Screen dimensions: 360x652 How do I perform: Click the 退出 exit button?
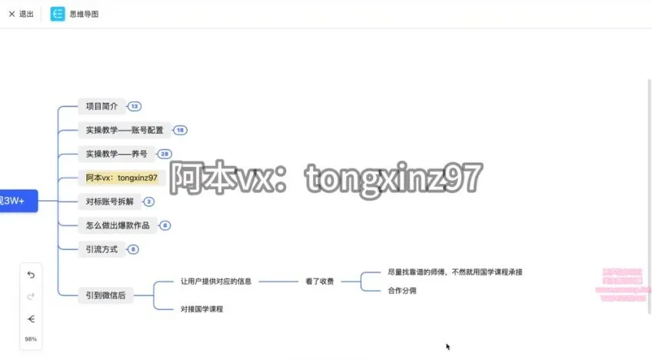(21, 14)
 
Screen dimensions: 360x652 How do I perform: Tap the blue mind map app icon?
(58, 14)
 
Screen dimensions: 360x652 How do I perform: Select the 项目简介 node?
(101, 106)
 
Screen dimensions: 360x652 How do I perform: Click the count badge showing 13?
(135, 107)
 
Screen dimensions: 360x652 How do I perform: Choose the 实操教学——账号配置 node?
(125, 130)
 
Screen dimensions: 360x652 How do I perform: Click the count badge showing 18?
(180, 131)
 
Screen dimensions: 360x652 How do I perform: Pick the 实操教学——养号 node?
(116, 154)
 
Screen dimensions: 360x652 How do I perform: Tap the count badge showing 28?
(165, 155)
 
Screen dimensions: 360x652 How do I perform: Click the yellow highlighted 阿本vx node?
(121, 178)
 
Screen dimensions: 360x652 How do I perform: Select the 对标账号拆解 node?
(109, 202)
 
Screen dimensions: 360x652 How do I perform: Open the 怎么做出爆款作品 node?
(117, 225)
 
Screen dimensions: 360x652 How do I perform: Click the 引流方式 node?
(101, 249)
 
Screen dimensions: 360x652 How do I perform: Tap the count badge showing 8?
(134, 250)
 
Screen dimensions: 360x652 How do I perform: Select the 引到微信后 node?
(105, 295)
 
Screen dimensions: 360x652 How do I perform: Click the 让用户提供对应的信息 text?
(216, 282)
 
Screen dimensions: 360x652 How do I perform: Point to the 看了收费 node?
(319, 282)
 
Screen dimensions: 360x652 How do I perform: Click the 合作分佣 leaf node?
(403, 291)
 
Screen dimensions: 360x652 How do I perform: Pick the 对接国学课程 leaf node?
(202, 308)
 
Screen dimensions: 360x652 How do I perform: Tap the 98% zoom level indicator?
(31, 338)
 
